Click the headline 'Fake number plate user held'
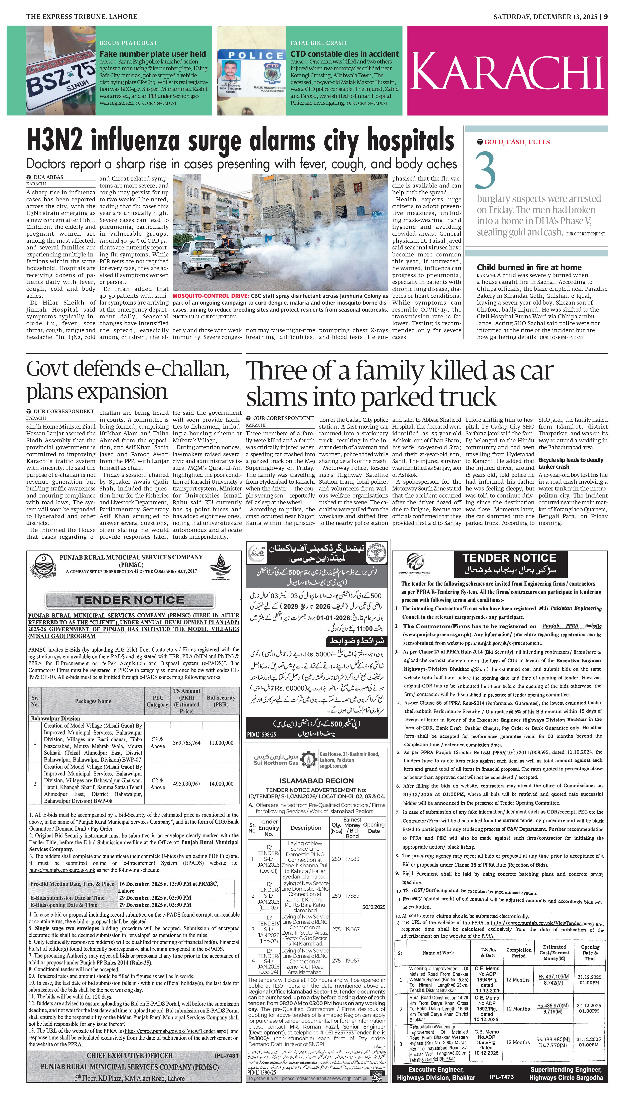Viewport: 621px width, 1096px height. [152, 54]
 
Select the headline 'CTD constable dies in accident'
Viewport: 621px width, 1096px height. [344, 54]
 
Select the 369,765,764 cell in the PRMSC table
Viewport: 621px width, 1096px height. [186, 743]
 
